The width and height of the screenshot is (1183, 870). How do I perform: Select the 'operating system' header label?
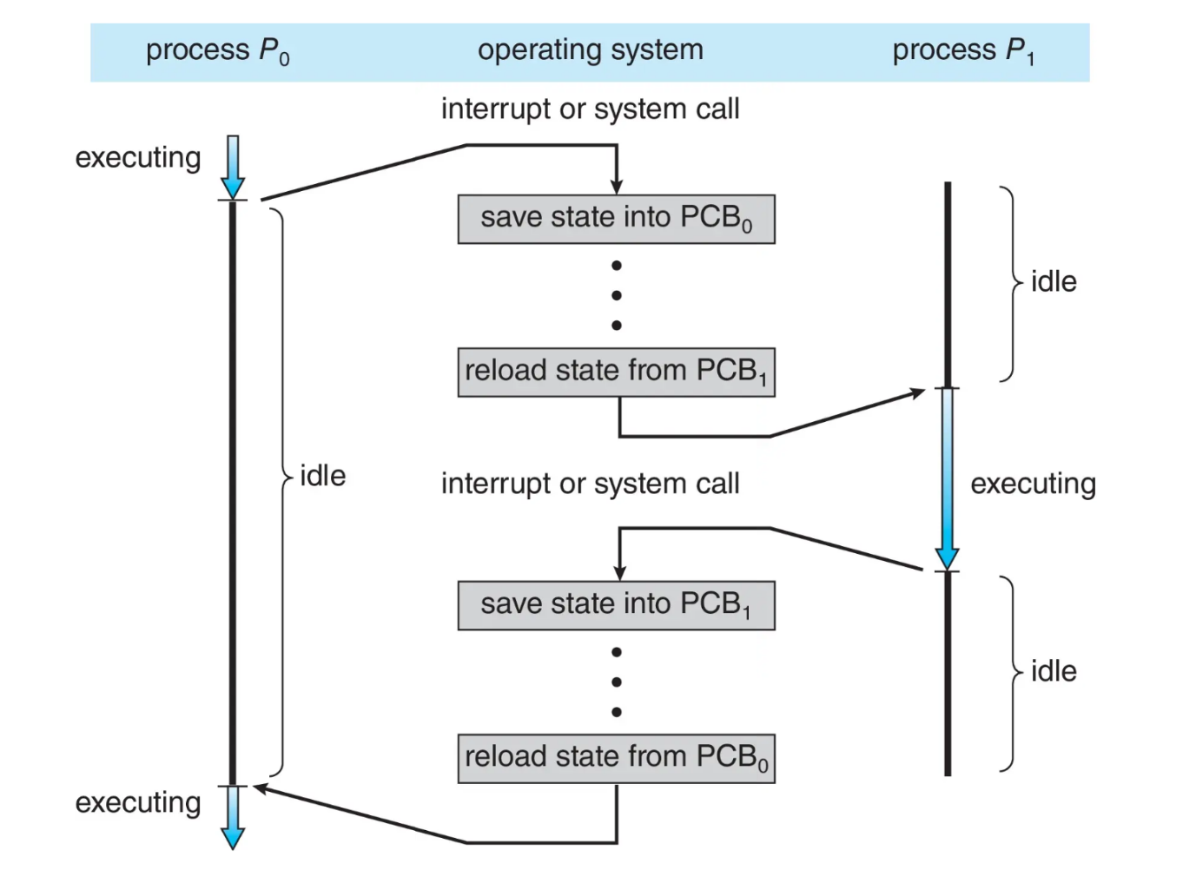(591, 50)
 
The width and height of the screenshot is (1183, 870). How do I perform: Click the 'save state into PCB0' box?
(617, 219)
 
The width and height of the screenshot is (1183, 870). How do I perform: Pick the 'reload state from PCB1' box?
(617, 372)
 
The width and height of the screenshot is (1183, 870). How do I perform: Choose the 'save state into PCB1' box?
(617, 605)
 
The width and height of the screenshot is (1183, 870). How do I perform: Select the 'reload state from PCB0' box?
(617, 759)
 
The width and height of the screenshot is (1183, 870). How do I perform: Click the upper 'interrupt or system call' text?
(591, 109)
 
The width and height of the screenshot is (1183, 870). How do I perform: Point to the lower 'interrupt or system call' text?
(591, 484)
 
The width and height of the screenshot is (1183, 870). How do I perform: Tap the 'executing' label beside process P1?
(1034, 484)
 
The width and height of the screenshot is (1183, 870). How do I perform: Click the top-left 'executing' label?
(138, 158)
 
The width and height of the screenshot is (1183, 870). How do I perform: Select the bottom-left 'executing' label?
(138, 803)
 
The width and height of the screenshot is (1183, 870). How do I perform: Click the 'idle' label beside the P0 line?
(323, 476)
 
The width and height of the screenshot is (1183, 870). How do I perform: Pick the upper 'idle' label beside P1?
(1054, 282)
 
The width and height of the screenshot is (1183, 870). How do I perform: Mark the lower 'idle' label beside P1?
(1054, 671)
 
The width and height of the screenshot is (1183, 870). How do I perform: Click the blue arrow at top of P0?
(233, 168)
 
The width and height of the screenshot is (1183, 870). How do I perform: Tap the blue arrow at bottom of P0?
(233, 818)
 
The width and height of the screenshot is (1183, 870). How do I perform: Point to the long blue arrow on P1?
(948, 479)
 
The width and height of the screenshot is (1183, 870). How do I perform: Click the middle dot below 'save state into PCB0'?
(617, 295)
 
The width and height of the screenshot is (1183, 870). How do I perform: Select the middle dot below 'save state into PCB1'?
(617, 682)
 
